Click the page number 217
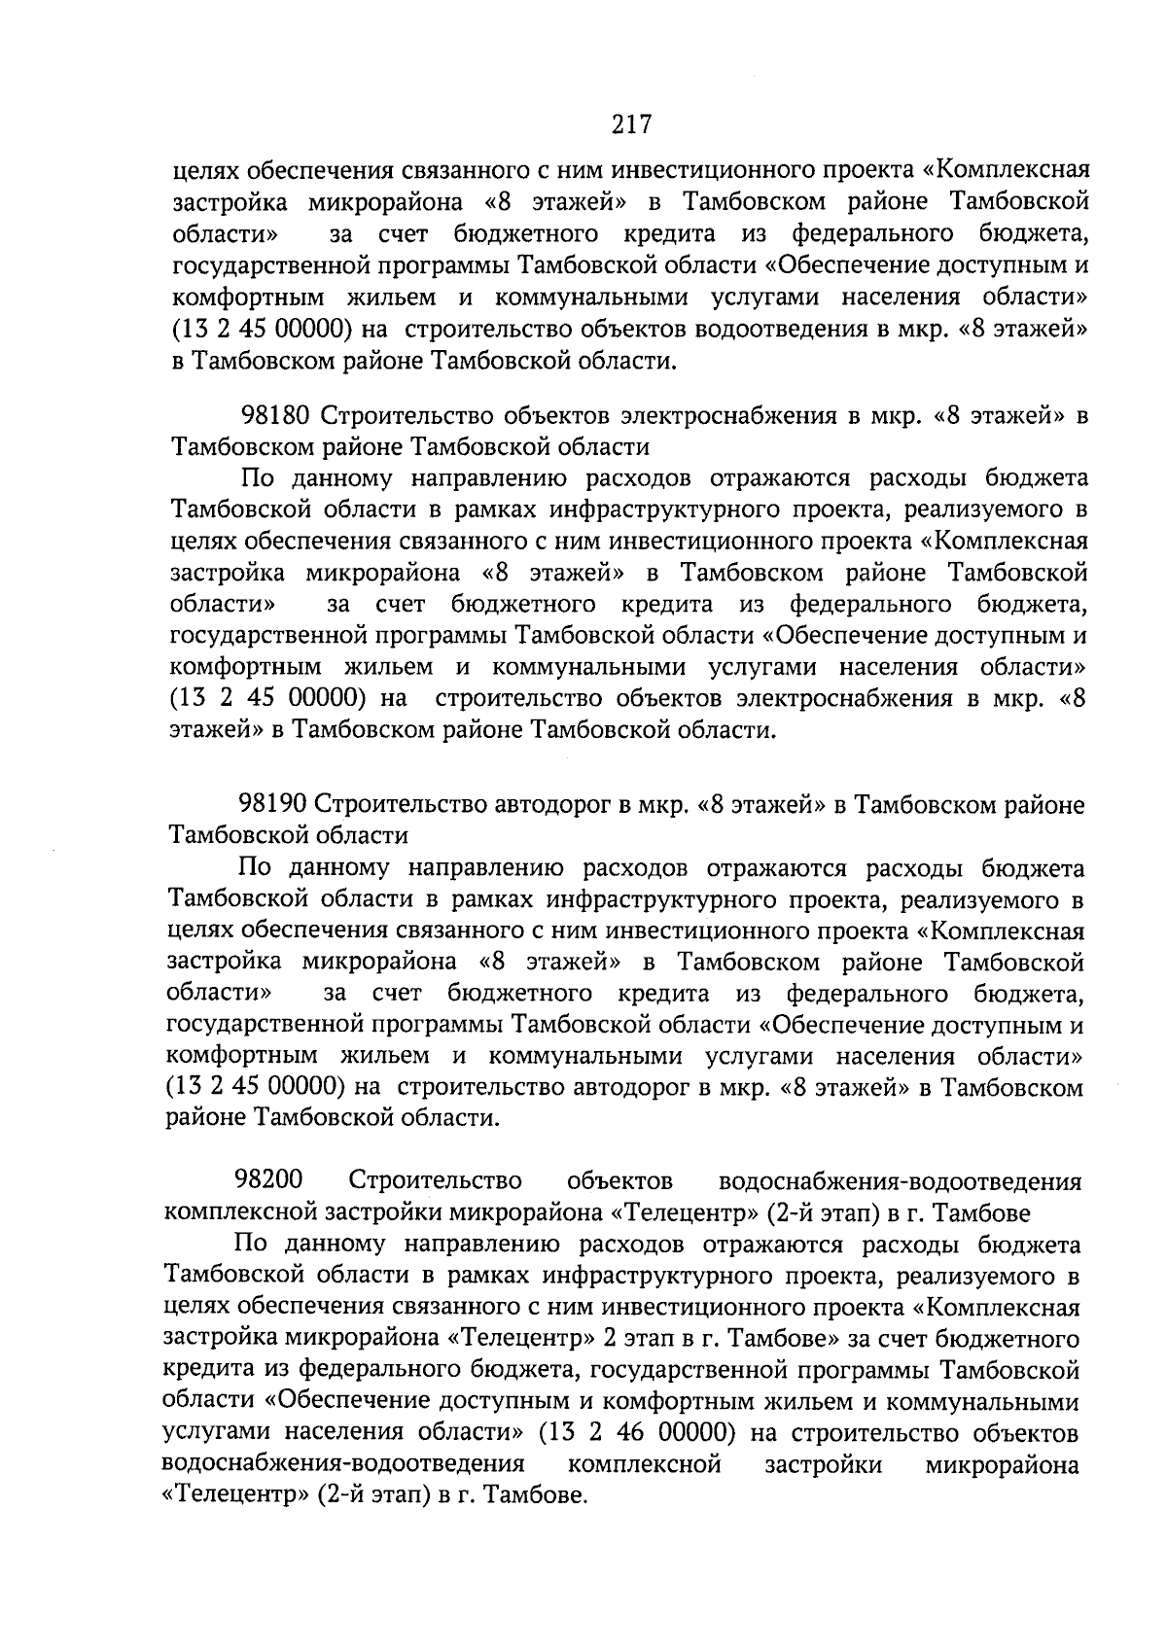click(x=630, y=123)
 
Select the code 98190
click(x=273, y=805)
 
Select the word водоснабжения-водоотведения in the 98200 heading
click(x=899, y=1181)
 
